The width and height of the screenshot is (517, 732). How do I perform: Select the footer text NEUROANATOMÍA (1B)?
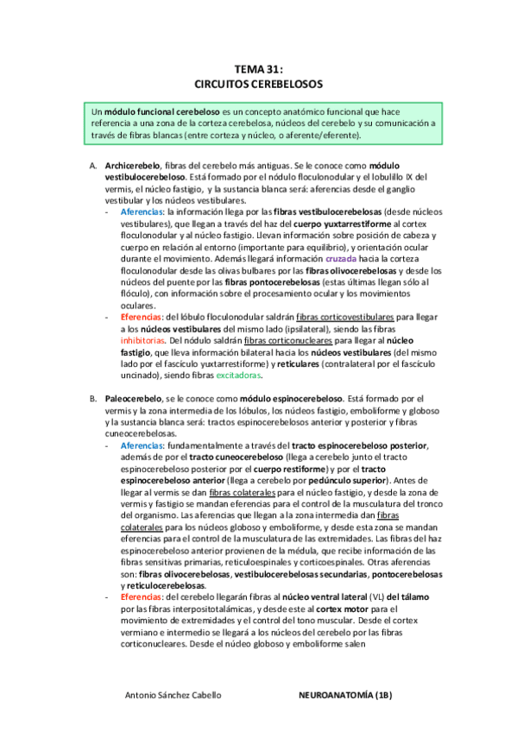[344, 693]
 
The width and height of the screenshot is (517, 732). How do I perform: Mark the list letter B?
[93, 401]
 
